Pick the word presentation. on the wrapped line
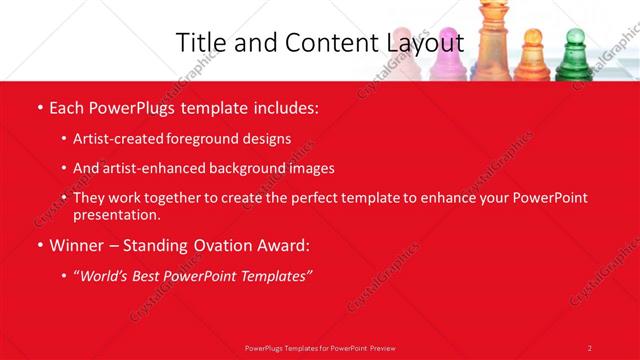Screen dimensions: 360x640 coord(116,215)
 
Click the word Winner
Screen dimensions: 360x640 coord(77,245)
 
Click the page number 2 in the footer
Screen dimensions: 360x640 coord(589,347)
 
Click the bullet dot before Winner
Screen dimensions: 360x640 coord(39,245)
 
